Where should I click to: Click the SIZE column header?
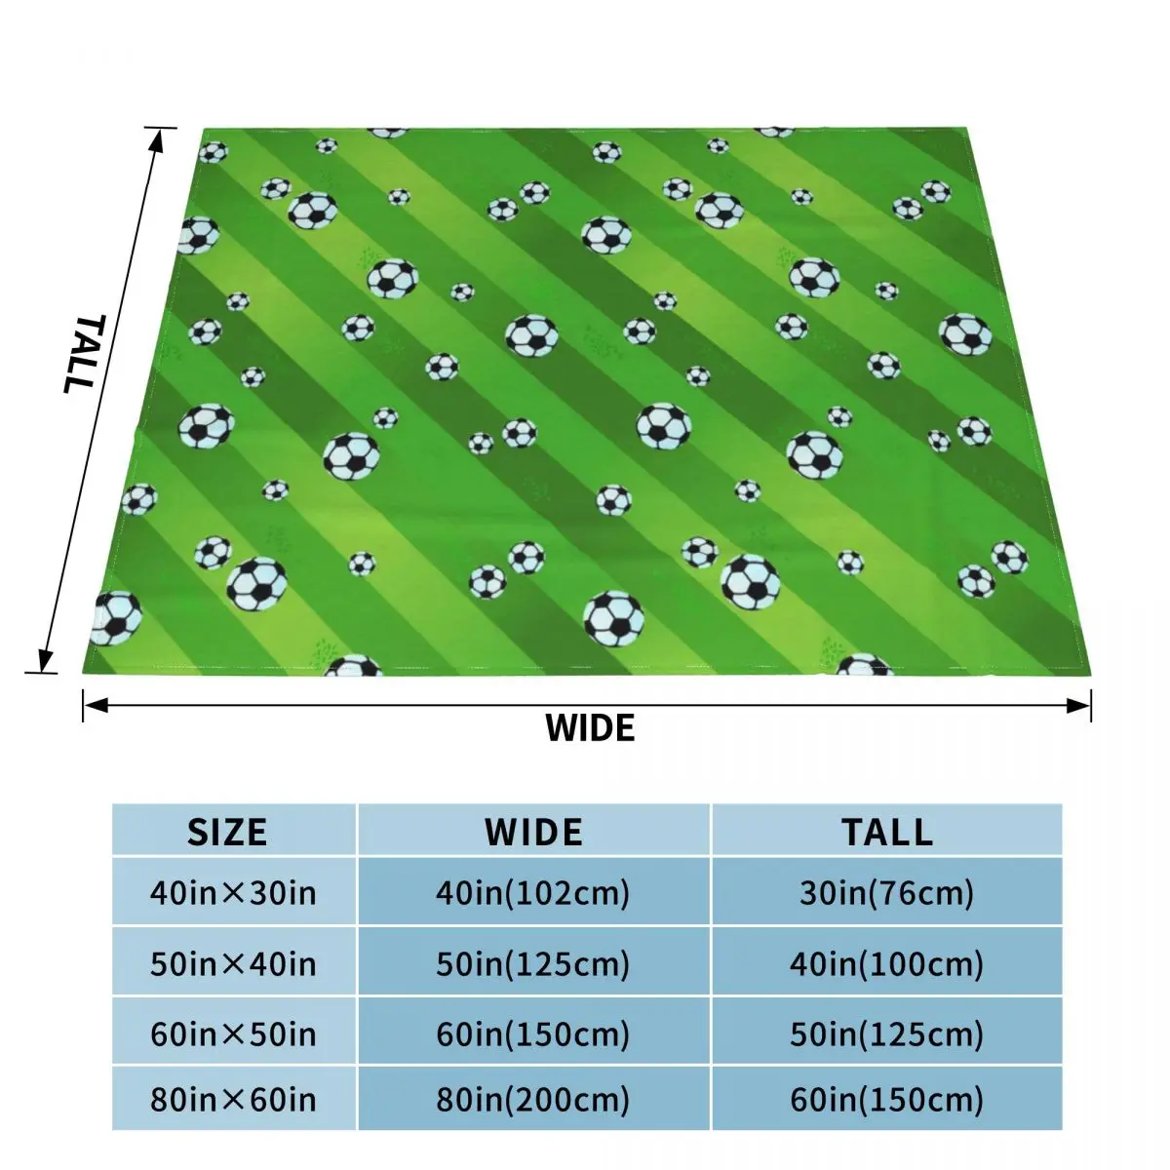[x=227, y=832]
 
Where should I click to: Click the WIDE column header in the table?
[x=533, y=832]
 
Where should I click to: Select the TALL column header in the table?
[x=887, y=832]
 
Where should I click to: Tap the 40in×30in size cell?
[x=233, y=892]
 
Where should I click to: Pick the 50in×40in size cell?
[x=233, y=963]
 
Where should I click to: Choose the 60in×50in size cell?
[x=233, y=1033]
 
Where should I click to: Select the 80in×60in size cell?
[x=233, y=1100]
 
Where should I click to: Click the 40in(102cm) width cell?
[x=532, y=892]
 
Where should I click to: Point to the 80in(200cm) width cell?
[x=532, y=1100]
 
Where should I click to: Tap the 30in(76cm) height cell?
[x=886, y=892]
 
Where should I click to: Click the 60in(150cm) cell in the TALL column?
[x=886, y=1100]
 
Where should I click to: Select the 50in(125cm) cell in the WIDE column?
[x=532, y=963]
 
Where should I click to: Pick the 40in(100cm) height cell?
[x=886, y=963]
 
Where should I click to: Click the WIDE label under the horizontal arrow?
[x=590, y=727]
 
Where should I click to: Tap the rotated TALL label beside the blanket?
[x=82, y=353]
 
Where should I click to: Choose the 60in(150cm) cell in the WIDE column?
[x=532, y=1033]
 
